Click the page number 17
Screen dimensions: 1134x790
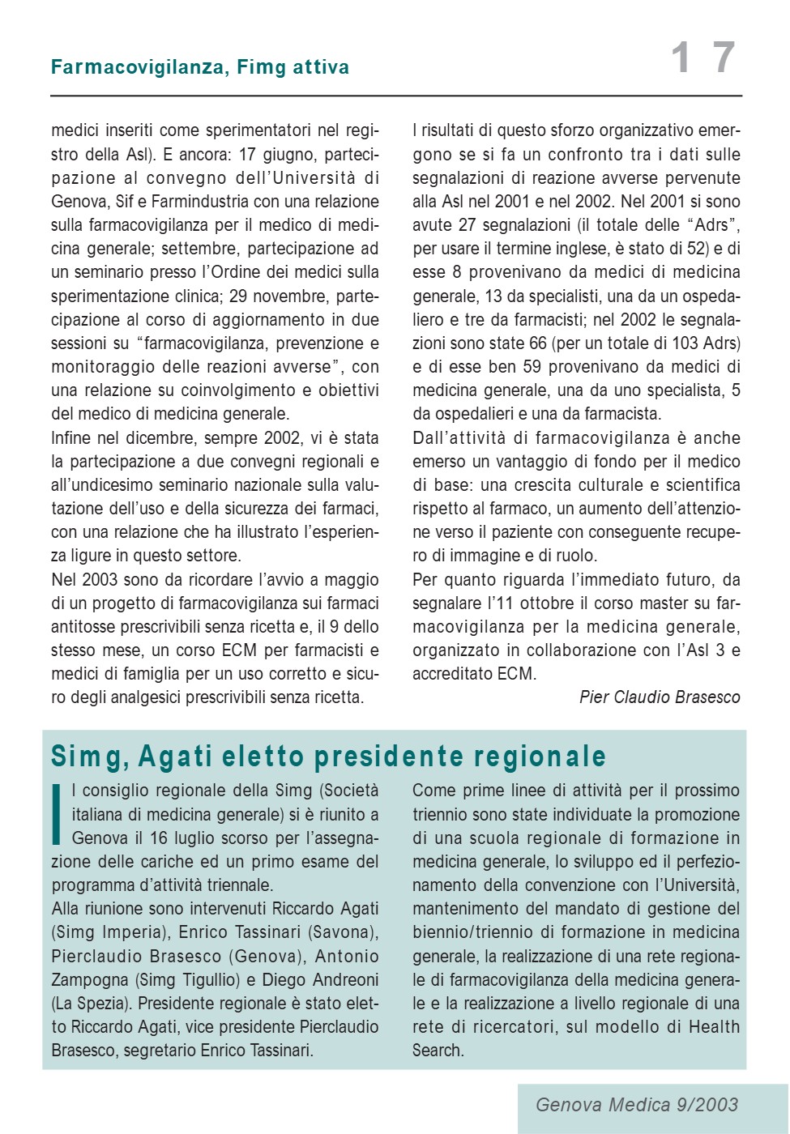pos(703,58)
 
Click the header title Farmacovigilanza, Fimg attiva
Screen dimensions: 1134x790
pos(199,67)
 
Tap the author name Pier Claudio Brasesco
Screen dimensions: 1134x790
pos(660,697)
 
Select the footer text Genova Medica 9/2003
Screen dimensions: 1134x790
pos(637,1105)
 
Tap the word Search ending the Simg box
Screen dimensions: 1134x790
pos(437,1051)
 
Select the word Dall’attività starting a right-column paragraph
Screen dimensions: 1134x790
pos(459,438)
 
